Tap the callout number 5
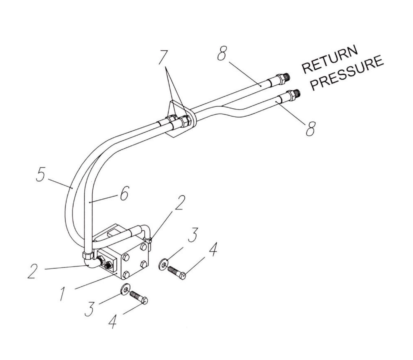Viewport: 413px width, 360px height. [x=40, y=175]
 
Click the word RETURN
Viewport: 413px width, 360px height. [x=330, y=60]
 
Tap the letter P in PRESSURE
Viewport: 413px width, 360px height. [x=315, y=85]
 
